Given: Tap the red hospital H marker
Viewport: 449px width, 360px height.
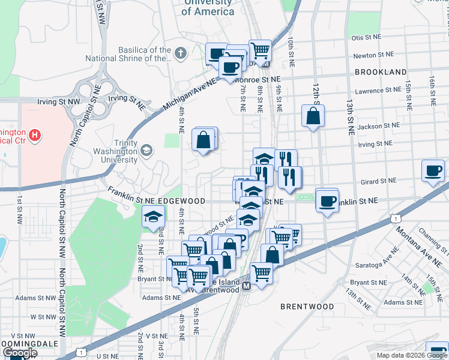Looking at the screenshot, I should [x=35, y=135].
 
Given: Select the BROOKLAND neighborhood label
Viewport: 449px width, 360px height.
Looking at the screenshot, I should [x=381, y=72].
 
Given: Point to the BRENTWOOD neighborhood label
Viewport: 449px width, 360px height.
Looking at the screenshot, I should [x=307, y=307].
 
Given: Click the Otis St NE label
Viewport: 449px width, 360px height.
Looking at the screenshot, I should [x=367, y=37].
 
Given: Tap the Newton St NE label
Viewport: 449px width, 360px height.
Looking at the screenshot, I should [x=373, y=55].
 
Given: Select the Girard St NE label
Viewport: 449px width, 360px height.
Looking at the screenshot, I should [x=379, y=180].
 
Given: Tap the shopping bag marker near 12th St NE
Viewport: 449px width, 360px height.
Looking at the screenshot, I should [x=313, y=116].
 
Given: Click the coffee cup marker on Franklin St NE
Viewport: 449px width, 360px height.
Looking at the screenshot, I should [x=327, y=200].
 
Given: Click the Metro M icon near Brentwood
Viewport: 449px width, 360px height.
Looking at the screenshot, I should [x=246, y=287].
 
